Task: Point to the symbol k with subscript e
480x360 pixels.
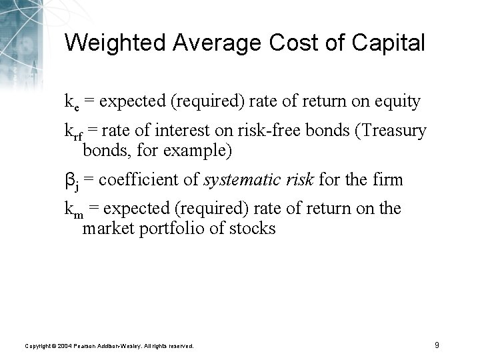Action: click(x=72, y=102)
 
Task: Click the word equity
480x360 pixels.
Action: click(x=397, y=102)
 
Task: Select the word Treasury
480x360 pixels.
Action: click(x=393, y=131)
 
